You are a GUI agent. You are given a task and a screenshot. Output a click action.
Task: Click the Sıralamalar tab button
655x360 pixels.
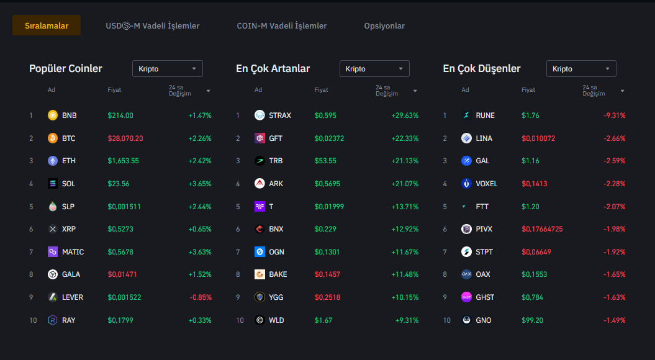tap(47, 25)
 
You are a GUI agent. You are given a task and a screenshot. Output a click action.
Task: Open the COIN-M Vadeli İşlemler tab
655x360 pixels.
tap(281, 26)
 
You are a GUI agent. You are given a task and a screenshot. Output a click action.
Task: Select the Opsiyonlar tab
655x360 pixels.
tap(384, 26)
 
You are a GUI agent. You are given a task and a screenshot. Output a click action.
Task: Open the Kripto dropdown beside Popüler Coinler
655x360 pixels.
tap(168, 69)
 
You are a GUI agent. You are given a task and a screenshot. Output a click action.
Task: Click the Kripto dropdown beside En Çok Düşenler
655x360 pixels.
tap(581, 69)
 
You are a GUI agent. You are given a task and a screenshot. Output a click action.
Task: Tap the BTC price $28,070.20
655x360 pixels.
tap(125, 138)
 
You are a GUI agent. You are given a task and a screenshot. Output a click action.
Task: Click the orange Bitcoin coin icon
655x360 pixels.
tap(53, 138)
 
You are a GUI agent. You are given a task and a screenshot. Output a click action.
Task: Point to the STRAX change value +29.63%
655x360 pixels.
tap(405, 115)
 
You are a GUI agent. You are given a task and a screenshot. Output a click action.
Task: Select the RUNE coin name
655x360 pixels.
tap(485, 115)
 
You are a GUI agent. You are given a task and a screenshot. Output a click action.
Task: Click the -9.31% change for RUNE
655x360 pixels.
tap(614, 115)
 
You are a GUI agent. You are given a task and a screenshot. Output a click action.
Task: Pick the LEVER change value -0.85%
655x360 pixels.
tap(201, 297)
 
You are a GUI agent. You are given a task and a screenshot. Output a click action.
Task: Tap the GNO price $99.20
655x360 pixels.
tap(532, 320)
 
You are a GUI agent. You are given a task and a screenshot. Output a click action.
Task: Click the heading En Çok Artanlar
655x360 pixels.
tap(273, 69)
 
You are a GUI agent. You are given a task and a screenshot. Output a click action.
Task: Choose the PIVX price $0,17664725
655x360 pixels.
tap(542, 229)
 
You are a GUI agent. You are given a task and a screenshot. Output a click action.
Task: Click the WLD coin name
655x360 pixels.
tap(276, 320)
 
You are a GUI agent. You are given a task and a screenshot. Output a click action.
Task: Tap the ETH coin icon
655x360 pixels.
tap(53, 161)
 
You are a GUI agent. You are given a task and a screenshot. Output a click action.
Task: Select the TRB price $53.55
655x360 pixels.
tap(325, 161)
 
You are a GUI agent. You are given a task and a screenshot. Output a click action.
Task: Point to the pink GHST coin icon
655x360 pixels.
tap(467, 297)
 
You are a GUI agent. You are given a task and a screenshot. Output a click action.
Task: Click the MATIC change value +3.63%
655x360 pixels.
tap(200, 252)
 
